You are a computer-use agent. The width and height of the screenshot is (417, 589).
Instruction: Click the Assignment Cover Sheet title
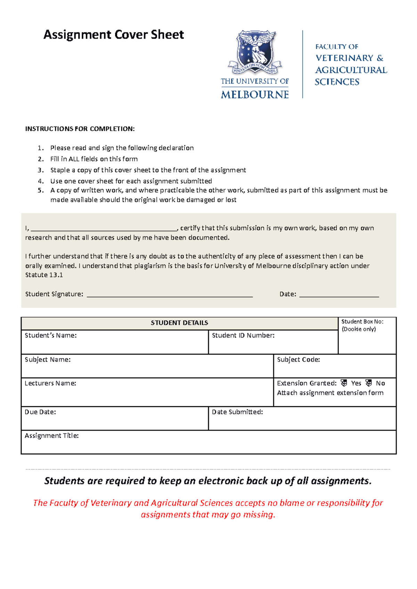click(x=114, y=35)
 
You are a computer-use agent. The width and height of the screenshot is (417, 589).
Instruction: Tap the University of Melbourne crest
click(x=255, y=52)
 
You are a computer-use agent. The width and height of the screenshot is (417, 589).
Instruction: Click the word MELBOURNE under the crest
click(x=255, y=94)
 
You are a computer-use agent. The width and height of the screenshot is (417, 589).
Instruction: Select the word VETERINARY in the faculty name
click(x=344, y=58)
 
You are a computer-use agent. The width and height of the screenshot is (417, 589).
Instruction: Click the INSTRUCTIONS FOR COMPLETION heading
click(x=80, y=129)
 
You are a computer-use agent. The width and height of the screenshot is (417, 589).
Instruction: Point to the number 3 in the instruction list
click(x=40, y=170)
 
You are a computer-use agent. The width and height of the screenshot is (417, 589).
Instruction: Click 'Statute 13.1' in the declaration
click(x=44, y=275)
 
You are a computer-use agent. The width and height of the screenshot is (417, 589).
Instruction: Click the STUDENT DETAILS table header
click(x=179, y=323)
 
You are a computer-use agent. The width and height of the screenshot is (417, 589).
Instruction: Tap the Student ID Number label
click(x=243, y=335)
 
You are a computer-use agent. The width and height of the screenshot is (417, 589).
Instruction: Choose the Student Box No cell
click(x=367, y=336)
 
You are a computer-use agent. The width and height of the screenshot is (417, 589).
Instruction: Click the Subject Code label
click(x=298, y=360)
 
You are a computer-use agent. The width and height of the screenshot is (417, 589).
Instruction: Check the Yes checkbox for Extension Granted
click(x=344, y=383)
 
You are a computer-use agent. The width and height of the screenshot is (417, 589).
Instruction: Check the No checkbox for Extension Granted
click(x=369, y=383)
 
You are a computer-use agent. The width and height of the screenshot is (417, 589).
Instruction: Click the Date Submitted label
click(x=237, y=412)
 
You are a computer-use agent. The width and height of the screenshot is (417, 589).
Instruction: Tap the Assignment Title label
click(x=51, y=436)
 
